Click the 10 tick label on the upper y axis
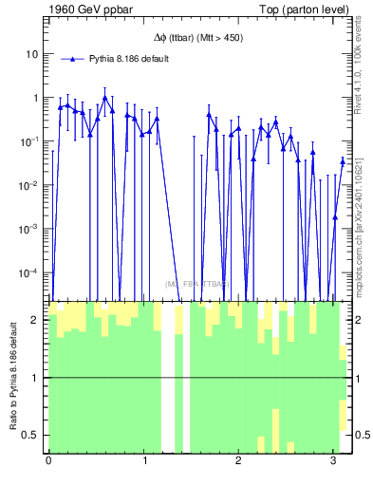(31, 54)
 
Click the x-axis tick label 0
(48, 461)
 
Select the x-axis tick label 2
(238, 461)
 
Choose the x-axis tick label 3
(333, 461)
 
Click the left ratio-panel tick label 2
(38, 320)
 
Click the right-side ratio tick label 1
(355, 378)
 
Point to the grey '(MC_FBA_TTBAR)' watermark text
(197, 284)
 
